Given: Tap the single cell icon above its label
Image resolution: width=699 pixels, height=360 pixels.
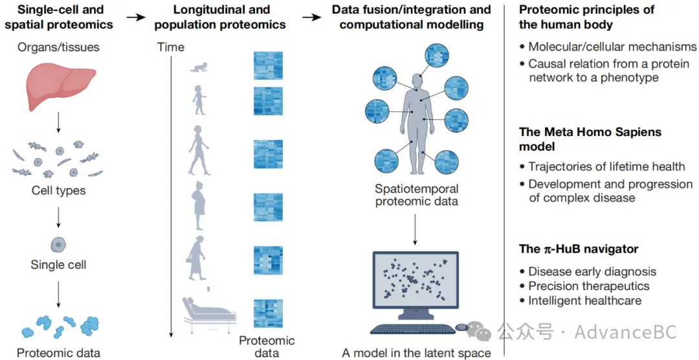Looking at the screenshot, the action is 58,245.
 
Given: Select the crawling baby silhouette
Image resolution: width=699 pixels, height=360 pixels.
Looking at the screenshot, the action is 199,67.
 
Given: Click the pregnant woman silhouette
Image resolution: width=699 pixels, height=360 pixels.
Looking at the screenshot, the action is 199,206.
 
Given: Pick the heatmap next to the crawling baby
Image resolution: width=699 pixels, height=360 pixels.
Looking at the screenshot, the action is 268,65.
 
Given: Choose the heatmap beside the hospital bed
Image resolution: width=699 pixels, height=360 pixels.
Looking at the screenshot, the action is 268,313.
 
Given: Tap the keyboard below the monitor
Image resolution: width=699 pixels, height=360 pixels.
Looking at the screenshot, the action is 413,329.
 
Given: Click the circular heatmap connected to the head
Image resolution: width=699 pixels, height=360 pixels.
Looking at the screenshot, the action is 436,56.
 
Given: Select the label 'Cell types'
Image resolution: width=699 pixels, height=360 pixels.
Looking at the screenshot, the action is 58,190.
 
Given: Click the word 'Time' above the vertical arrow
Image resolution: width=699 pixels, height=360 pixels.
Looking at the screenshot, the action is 171,47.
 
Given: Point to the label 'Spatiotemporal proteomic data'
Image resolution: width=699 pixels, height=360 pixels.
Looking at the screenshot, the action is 416,195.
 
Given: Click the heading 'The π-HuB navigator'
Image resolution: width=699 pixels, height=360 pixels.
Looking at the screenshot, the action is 579,249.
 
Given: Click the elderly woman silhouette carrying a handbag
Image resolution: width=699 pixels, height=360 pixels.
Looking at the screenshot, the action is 195,258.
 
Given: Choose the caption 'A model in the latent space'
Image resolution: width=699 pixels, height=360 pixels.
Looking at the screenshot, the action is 416,353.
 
